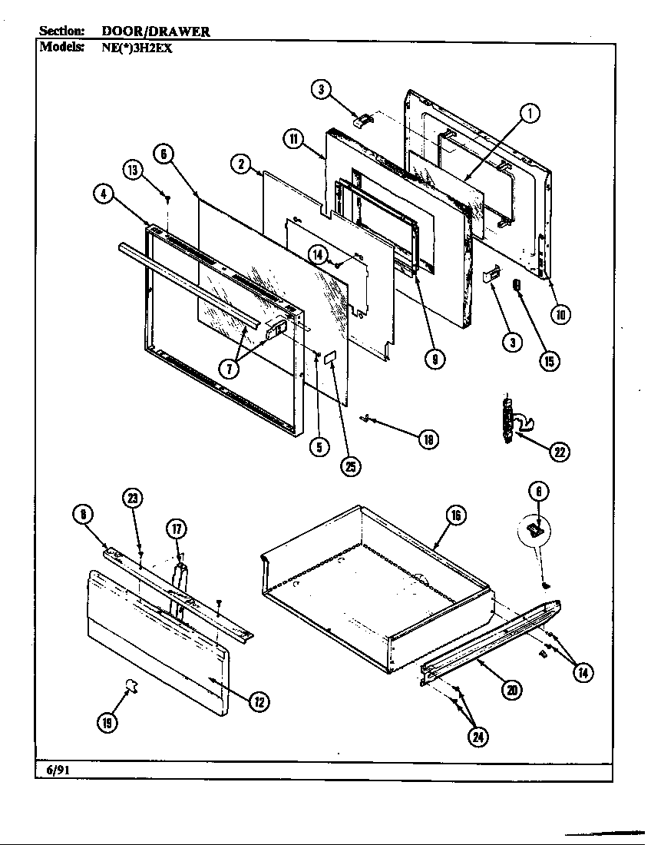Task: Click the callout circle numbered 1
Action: click(529, 113)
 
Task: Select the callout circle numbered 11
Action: click(293, 138)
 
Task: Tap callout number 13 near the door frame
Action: click(133, 170)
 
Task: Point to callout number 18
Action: click(428, 439)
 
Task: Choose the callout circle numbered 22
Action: click(559, 452)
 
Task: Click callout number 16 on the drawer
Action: click(455, 515)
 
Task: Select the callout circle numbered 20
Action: click(511, 691)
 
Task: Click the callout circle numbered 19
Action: click(108, 722)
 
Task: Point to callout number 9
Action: click(435, 358)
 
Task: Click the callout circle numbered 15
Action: click(549, 360)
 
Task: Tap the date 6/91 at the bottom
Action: click(52, 770)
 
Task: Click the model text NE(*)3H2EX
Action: click(142, 45)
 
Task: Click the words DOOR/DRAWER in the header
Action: click(156, 31)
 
